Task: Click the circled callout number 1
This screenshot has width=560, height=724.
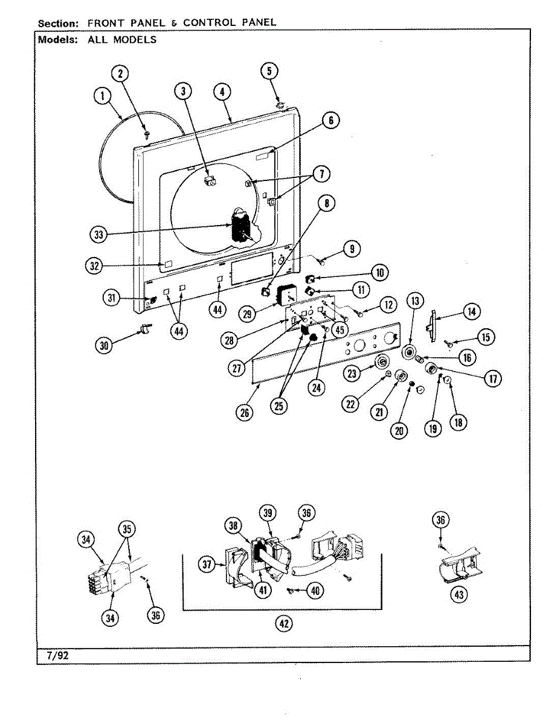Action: click(x=103, y=95)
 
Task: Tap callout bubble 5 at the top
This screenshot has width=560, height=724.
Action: click(x=269, y=71)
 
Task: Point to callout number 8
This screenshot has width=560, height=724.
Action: click(x=326, y=203)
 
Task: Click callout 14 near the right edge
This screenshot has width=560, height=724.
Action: click(x=471, y=311)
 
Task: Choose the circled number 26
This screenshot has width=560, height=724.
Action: click(x=245, y=413)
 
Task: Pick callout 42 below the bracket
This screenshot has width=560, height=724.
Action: click(x=283, y=624)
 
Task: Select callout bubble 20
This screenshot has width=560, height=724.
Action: click(x=399, y=430)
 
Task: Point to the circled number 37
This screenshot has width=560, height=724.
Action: click(x=208, y=565)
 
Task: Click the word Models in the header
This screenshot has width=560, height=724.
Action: click(x=57, y=40)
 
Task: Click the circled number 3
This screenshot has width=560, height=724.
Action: click(x=183, y=91)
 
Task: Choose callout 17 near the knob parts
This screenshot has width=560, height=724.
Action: click(x=493, y=378)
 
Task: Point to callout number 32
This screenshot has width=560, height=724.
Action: click(x=94, y=265)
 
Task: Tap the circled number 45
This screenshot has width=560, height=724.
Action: click(x=340, y=329)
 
